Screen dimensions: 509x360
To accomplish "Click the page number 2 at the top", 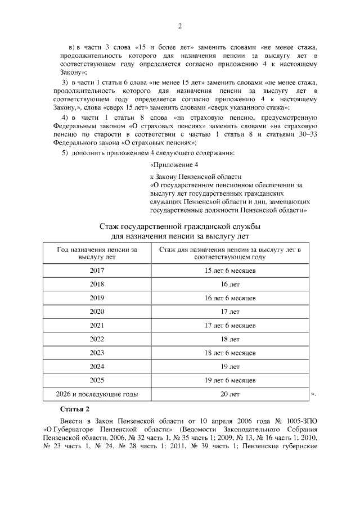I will tap(180, 26).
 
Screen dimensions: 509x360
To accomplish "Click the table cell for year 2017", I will tap(97, 271).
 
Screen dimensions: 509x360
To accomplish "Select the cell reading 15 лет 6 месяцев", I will tap(230, 271).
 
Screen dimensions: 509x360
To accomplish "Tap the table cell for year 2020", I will tap(97, 311).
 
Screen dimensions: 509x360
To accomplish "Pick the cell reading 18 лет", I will tap(230, 339).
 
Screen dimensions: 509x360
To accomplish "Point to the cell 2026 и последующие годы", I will tap(97, 394).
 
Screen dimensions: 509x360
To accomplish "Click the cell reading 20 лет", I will tap(230, 394).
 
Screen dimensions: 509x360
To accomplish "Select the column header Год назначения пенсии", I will tap(97, 253).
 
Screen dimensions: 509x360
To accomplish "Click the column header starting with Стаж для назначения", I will tap(230, 253).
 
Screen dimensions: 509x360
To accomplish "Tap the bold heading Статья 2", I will tap(74, 408).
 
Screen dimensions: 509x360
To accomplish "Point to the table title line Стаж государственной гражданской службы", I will tap(180, 226).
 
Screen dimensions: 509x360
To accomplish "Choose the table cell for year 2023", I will tap(97, 353).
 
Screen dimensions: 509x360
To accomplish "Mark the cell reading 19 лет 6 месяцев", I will tap(230, 380).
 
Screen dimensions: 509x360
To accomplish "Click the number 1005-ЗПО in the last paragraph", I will tap(301, 421).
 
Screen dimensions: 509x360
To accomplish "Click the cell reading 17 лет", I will tap(230, 311).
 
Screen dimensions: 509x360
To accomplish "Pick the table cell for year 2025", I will tap(97, 380).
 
